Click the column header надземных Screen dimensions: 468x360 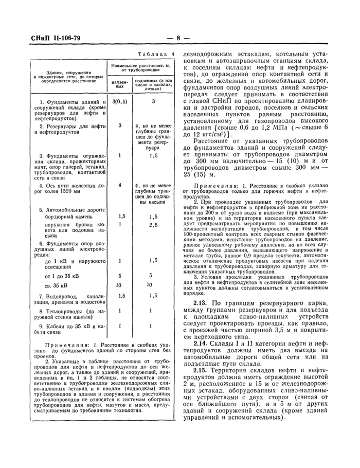[x=119, y=84]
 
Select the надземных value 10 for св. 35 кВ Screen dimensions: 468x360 [x=119, y=284]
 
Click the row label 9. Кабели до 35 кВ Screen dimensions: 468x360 [x=72, y=326]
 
